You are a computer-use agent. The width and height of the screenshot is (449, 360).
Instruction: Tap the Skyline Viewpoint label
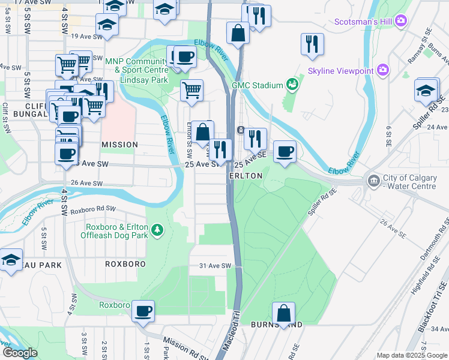(x=340, y=71)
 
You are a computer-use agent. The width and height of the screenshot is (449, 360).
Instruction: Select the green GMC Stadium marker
(x=292, y=85)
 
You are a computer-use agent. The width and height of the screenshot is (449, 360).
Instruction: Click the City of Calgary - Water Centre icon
(x=373, y=181)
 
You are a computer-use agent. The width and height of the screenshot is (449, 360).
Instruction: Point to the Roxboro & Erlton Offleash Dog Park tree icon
(x=157, y=229)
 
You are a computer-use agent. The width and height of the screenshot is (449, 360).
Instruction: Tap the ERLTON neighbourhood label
(x=246, y=176)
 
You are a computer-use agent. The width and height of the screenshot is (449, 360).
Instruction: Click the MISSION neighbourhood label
(x=119, y=145)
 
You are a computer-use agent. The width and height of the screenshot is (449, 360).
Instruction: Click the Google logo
(x=19, y=353)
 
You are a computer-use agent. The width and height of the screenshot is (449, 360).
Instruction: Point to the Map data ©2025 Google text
(x=411, y=355)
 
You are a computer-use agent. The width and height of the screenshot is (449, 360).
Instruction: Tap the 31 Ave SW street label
(x=210, y=266)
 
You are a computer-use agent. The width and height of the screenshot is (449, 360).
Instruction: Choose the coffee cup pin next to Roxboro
(x=143, y=311)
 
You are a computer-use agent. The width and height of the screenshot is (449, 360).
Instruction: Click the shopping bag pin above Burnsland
(x=283, y=313)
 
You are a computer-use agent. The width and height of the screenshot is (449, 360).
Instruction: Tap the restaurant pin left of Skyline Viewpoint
(x=312, y=44)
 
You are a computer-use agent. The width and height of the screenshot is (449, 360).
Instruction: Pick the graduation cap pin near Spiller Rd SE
(x=426, y=90)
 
